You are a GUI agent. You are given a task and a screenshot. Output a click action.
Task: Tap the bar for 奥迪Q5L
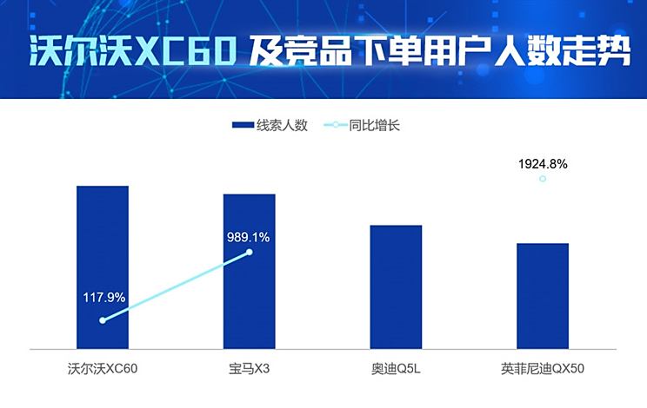coord(396,286)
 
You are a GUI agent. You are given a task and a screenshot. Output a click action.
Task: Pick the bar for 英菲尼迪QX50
coord(543,295)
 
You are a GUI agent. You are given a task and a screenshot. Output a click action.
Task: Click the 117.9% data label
coord(104,298)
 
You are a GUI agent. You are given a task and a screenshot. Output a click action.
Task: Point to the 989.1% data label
coord(249,236)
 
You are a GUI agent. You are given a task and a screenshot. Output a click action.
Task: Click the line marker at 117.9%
coord(103,320)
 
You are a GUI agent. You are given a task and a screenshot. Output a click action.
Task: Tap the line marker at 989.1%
coord(250,253)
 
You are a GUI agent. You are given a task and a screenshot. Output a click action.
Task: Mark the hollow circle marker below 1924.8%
coord(543,179)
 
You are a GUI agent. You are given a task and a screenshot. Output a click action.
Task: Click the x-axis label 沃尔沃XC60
coord(103,369)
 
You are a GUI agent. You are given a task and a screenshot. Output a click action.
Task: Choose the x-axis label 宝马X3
coord(250,369)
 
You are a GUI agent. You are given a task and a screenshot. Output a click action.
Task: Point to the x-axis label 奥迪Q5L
coord(396,369)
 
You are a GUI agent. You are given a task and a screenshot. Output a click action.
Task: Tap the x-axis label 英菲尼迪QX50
coord(543,369)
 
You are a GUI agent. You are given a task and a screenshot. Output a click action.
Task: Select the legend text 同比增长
coord(374,125)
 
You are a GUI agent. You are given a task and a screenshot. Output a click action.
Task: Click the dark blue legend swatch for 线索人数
coord(242,125)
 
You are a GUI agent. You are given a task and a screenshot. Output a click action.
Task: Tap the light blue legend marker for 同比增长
coord(335,125)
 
